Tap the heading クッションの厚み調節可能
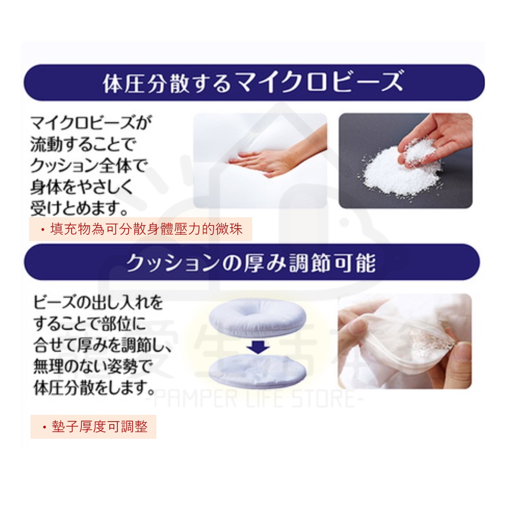click(251, 263)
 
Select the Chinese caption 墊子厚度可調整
click(94, 427)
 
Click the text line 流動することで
click(82, 144)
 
